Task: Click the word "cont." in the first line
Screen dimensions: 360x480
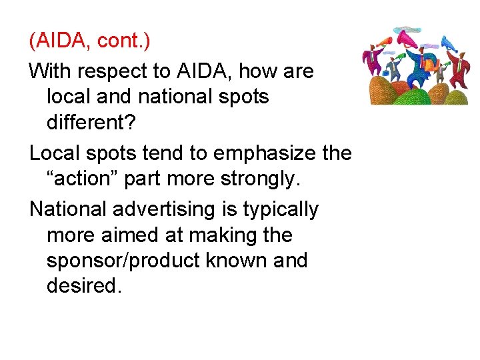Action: (124, 41)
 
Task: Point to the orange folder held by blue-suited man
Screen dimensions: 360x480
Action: (431, 65)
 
